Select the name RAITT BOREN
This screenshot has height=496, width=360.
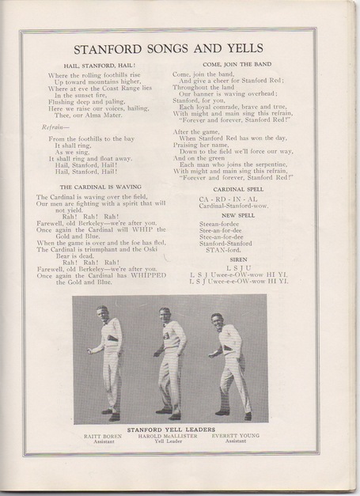pos(98,434)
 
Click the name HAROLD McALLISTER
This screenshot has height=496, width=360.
pos(165,434)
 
